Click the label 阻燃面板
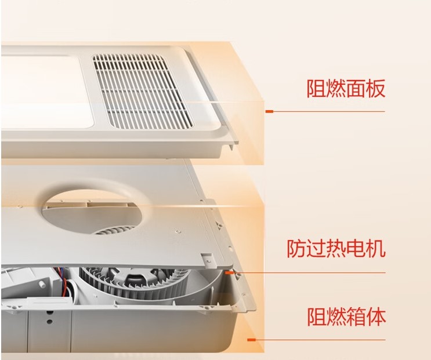[x=346, y=89]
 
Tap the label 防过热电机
[x=336, y=250]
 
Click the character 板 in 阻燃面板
[x=375, y=89]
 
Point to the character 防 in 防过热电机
[x=297, y=250]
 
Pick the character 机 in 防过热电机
[x=375, y=250]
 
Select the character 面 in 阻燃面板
[x=356, y=89]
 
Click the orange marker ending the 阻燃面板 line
[x=268, y=111]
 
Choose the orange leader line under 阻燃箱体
[x=319, y=340]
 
